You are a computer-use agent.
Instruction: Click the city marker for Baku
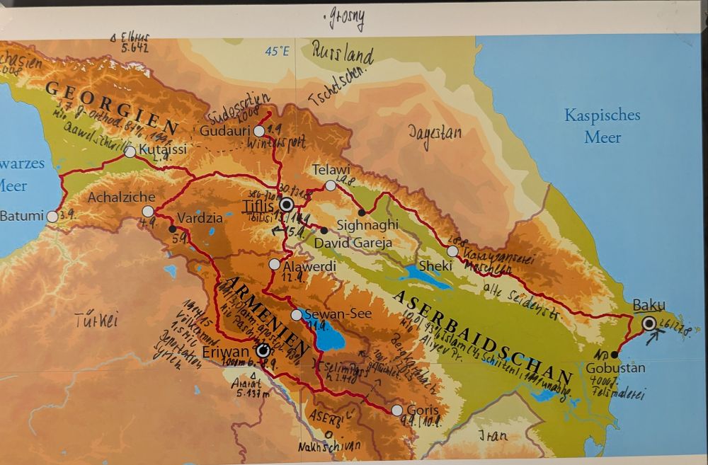650,323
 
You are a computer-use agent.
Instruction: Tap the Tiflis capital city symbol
287,205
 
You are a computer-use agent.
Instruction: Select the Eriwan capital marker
263,350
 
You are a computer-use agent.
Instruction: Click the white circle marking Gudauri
259,131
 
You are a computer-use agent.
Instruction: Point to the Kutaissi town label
164,150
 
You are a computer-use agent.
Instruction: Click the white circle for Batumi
52,216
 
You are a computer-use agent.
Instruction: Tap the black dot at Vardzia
172,229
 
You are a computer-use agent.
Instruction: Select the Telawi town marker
330,185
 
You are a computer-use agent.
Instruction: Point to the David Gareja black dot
324,230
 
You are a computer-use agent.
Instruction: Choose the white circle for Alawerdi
275,265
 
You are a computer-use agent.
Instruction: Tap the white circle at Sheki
452,251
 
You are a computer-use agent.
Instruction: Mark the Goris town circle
396,411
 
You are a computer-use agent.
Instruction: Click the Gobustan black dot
614,355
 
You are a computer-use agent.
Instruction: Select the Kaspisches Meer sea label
602,125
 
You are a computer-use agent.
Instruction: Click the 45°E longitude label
277,51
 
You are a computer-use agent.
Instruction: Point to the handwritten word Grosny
346,20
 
